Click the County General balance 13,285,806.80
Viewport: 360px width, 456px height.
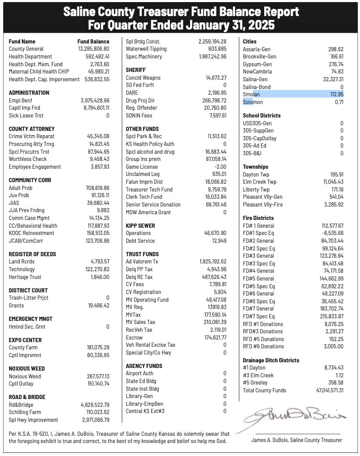coord(94,49)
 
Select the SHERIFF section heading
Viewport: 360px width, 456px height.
coord(135,70)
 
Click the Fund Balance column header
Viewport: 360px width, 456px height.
coord(93,41)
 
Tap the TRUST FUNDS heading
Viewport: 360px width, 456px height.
coord(142,254)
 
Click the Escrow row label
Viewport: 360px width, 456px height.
coord(134,337)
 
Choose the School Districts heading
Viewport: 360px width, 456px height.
coord(262,115)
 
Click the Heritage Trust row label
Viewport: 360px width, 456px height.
coord(25,277)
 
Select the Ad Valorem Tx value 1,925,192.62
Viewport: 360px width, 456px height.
coord(212,262)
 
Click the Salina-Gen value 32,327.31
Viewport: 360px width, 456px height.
coord(333,79)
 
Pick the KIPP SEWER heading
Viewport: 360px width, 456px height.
coord(141,226)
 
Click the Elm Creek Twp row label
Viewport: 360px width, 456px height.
coord(260,182)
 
